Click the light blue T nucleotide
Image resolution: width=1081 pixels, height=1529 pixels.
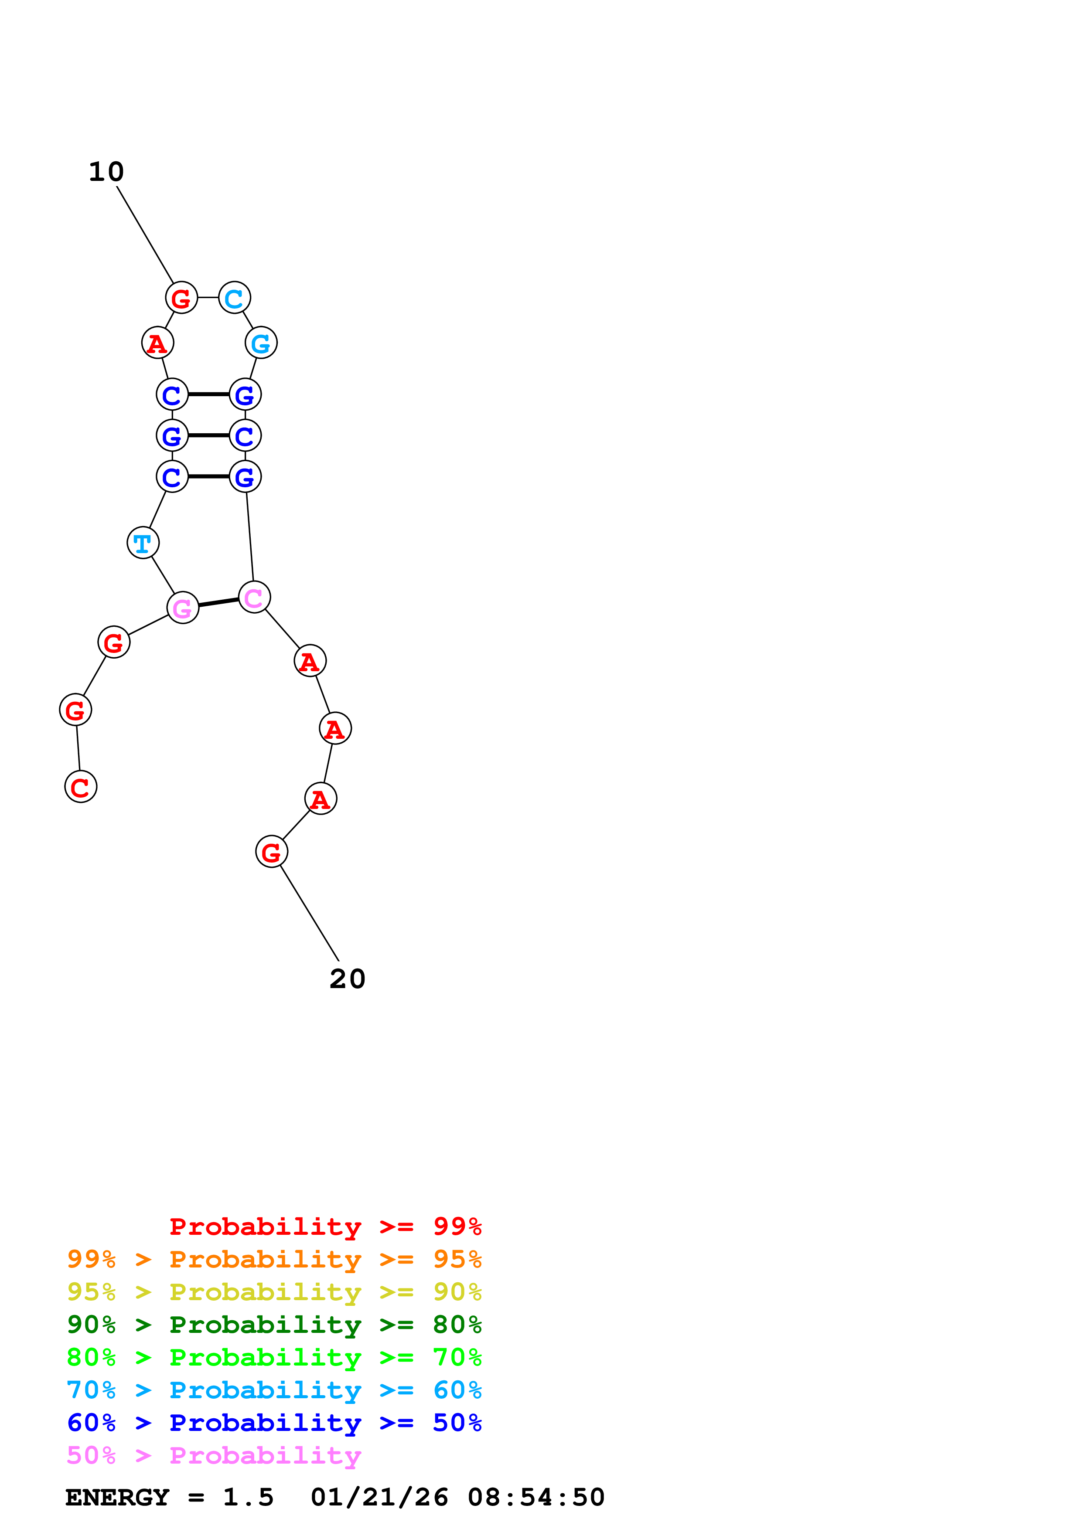pos(143,543)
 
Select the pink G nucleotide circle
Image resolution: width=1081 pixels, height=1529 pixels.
pos(183,607)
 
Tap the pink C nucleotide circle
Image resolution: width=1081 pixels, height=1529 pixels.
pos(254,598)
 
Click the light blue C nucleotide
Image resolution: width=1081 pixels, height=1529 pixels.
pos(235,298)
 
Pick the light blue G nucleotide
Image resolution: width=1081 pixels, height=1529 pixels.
pos(261,343)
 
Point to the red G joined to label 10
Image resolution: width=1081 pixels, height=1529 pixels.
pos(181,298)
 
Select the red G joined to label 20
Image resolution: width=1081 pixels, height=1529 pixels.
pos(272,852)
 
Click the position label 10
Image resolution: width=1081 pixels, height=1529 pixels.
pos(106,172)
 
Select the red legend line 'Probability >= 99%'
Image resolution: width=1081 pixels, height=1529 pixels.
pos(325,1227)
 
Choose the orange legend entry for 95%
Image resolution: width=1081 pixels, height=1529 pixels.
pos(274,1259)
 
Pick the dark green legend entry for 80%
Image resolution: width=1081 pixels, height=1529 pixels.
pos(274,1325)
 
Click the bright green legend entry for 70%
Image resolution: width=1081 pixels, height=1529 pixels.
pos(274,1357)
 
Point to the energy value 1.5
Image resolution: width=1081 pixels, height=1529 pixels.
pos(248,1497)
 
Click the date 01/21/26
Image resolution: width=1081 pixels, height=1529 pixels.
pos(379,1497)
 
